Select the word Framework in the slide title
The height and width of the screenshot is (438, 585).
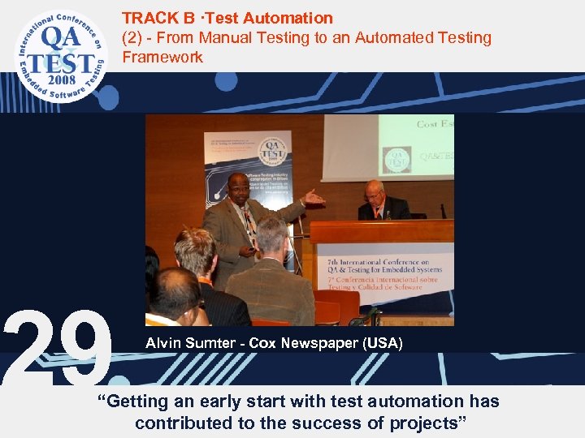coord(162,57)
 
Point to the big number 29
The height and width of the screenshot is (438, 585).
coord(57,347)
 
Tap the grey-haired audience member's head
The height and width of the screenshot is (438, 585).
coord(273,236)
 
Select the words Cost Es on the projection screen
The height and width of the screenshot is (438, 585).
coord(435,123)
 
